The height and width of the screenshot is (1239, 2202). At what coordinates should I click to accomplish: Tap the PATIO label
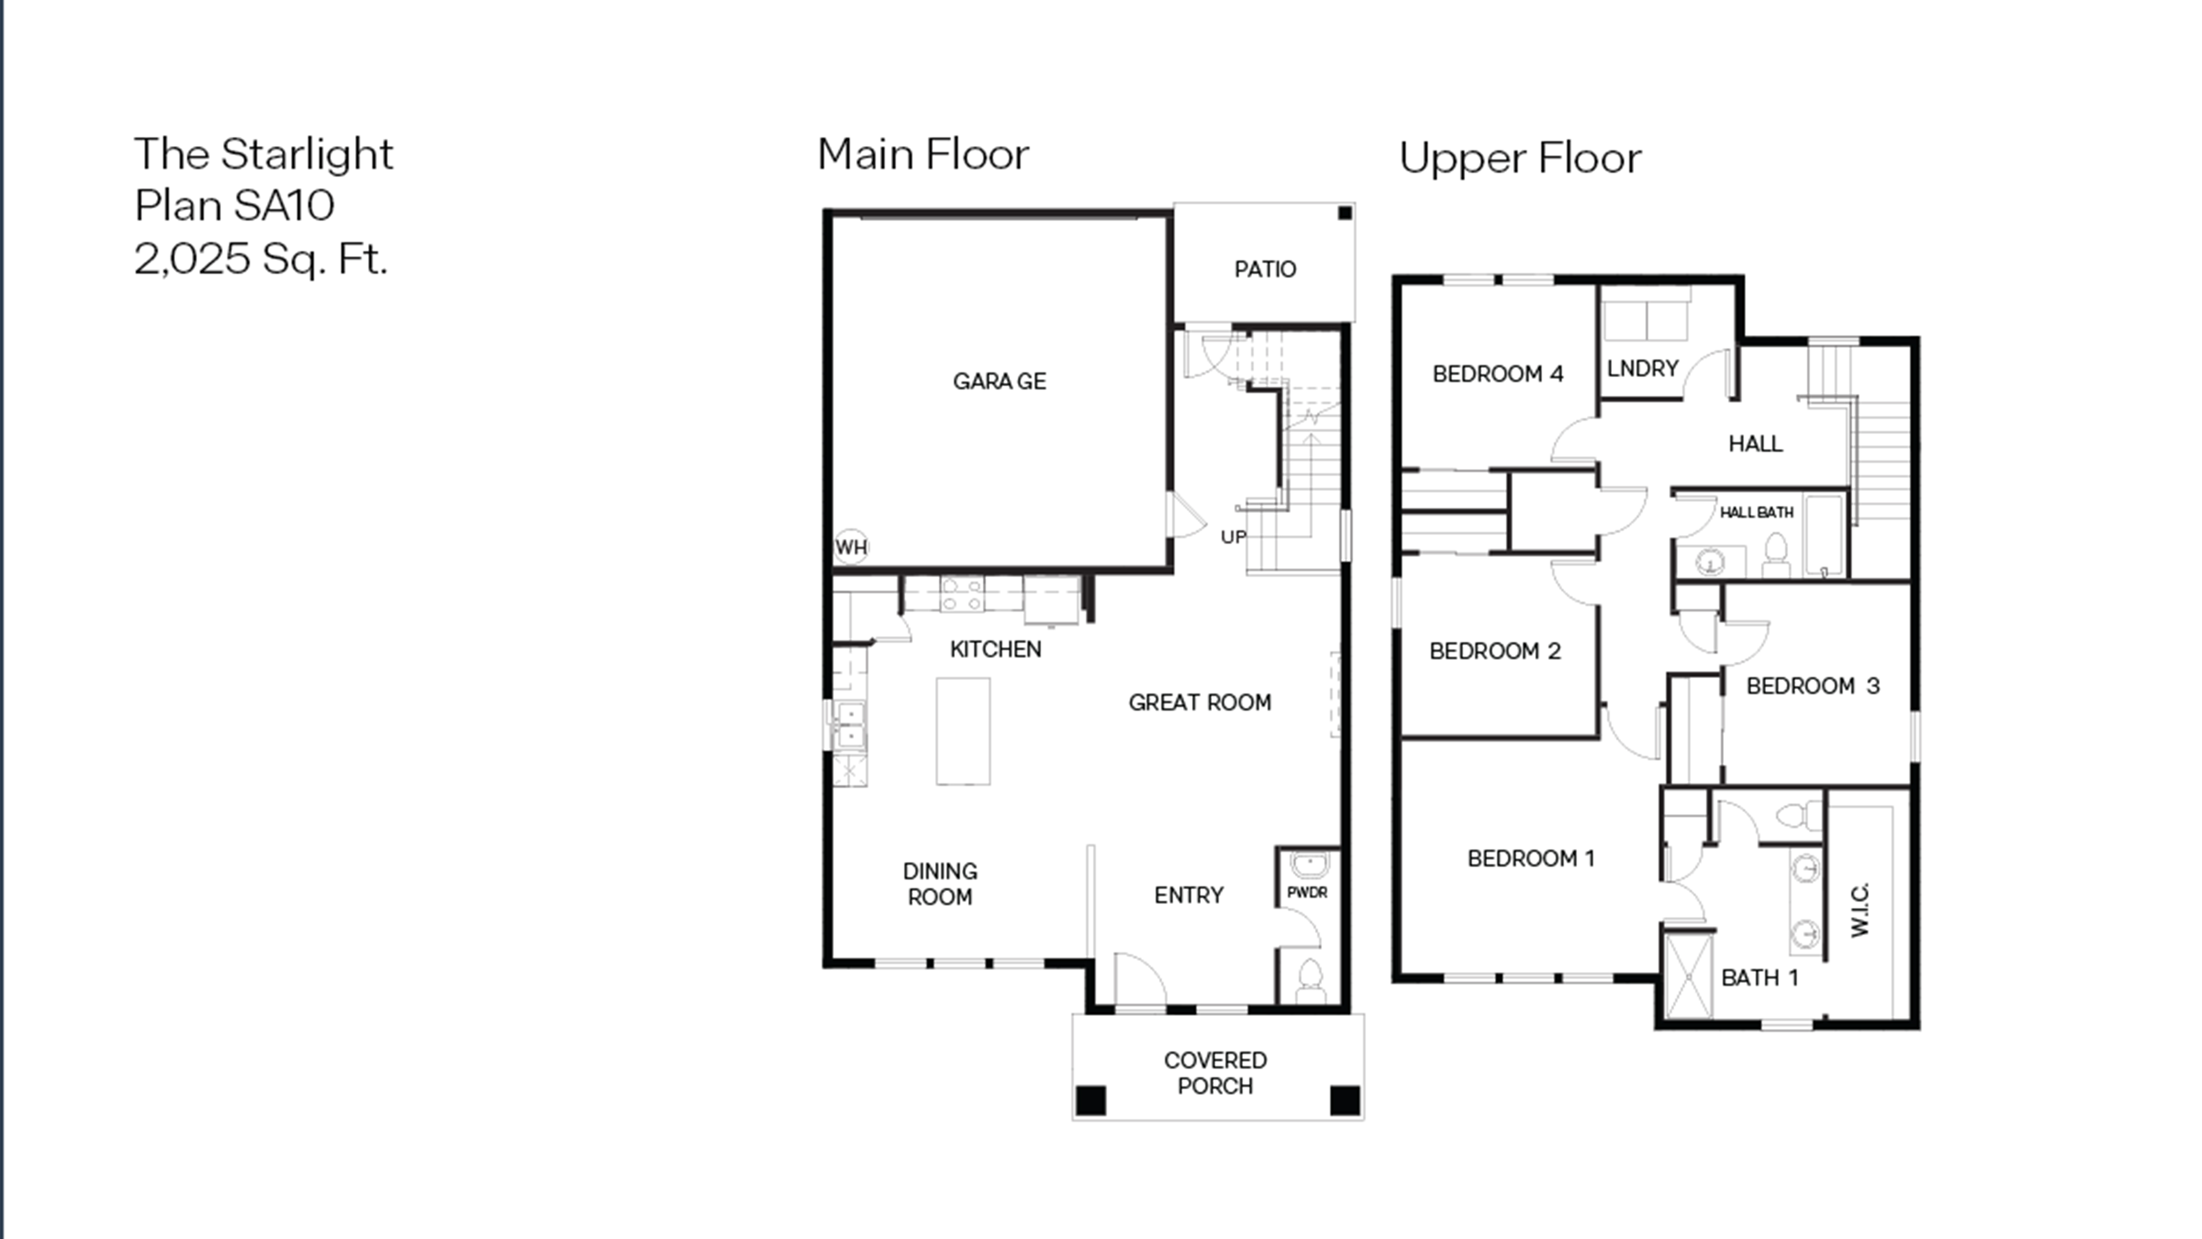coord(1265,270)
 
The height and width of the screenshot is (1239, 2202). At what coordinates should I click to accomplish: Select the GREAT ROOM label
coord(1200,702)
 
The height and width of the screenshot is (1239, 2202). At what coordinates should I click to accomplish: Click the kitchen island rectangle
coord(963,731)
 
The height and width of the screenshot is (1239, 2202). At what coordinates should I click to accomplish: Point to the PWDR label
coord(1307,892)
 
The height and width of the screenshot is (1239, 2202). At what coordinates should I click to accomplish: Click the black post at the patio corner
coord(1345,213)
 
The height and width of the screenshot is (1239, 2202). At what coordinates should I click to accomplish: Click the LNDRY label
coord(1642,369)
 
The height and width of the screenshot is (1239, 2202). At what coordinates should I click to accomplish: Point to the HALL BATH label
coord(1757,512)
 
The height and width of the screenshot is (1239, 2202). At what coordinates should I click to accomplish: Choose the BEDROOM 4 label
coord(1497,374)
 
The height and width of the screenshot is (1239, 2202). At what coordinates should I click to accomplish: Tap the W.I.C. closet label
coord(1860,910)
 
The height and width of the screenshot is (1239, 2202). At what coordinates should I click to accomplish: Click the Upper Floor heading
coord(1520,158)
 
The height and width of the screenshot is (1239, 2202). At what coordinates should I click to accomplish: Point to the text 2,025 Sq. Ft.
coord(261,258)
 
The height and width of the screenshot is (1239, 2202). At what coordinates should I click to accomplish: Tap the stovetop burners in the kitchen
coord(961,594)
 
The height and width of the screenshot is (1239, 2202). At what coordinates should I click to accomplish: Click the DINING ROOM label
coord(939,884)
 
